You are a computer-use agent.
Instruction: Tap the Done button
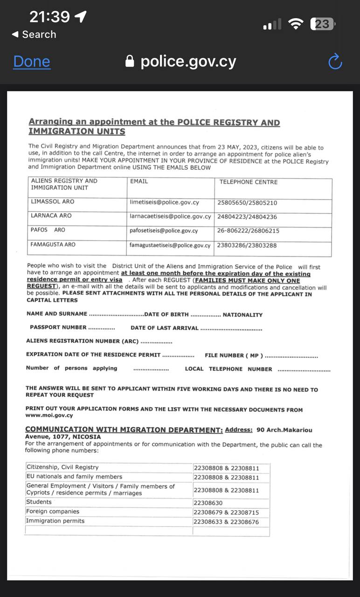(32, 62)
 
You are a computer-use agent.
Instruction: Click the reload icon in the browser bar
(335, 62)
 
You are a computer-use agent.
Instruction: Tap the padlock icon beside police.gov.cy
(130, 62)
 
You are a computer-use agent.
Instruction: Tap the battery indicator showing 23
(322, 24)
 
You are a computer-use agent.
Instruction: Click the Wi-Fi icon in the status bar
(296, 24)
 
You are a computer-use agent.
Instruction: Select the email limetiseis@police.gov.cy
(164, 202)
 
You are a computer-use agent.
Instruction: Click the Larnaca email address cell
(170, 216)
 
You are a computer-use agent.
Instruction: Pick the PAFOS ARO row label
(48, 230)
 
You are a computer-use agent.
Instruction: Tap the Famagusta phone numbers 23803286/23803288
(247, 245)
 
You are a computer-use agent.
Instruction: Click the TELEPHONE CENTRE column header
(249, 182)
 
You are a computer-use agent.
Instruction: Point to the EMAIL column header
(139, 181)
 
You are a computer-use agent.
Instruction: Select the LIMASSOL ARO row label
(52, 201)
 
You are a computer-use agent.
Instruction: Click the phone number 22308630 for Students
(208, 503)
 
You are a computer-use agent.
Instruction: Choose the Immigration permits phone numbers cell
(226, 522)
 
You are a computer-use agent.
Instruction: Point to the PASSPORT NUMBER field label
(58, 327)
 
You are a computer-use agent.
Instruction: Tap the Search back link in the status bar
(34, 35)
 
